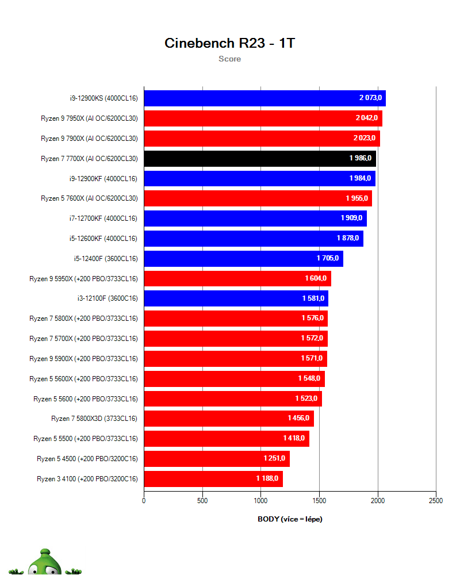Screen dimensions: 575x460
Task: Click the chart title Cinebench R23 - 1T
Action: [229, 43]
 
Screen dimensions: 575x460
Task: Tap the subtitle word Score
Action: [229, 59]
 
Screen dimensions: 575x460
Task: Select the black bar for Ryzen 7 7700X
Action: [259, 159]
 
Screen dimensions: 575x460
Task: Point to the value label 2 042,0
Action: [367, 118]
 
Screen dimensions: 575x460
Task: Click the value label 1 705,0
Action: [328, 258]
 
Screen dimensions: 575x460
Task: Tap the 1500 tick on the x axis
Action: [319, 501]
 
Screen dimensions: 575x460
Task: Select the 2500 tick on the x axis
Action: [436, 501]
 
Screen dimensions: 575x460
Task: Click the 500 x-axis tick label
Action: [202, 501]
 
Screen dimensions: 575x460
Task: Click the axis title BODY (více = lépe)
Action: [290, 519]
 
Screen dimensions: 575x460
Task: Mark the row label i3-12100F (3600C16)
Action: [103, 298]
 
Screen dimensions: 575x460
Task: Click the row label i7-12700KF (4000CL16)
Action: [103, 218]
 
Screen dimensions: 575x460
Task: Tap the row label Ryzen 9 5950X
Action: [83, 279]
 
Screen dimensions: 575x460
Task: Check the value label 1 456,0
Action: [299, 418]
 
